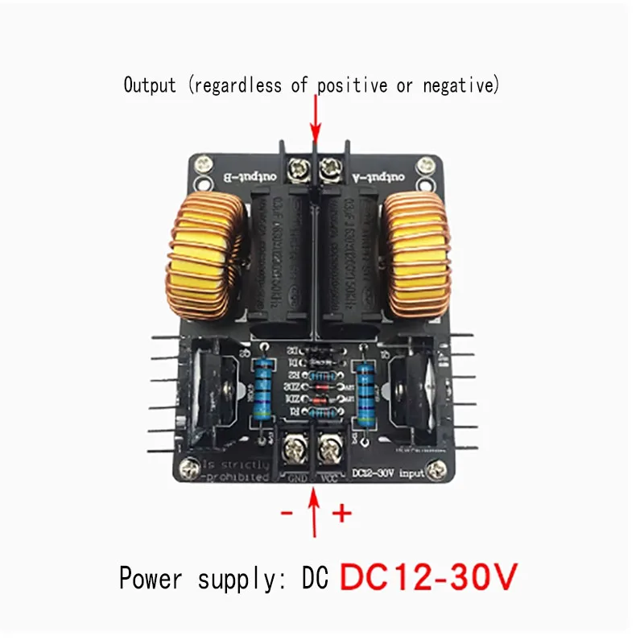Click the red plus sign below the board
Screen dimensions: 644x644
pyautogui.click(x=342, y=513)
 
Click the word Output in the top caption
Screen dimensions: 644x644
pyautogui.click(x=149, y=85)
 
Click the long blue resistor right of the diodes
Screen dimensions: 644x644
pyautogui.click(x=365, y=390)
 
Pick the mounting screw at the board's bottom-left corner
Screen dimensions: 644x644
pyautogui.click(x=190, y=464)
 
